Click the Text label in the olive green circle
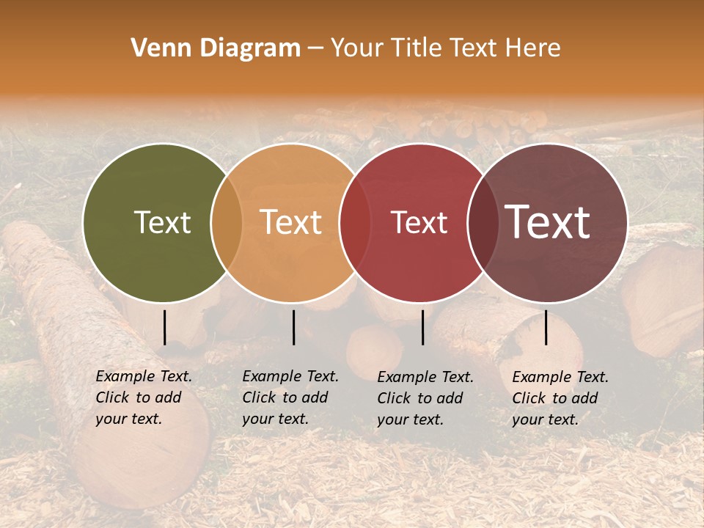point(162,222)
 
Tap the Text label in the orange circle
point(291,222)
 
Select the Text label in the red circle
point(419,222)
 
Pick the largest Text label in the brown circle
point(548,222)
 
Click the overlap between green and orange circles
point(227,222)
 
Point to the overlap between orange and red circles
point(355,222)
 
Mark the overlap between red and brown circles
point(483,222)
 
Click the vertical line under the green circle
point(164,327)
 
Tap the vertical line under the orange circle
point(293,327)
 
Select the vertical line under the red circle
point(422,327)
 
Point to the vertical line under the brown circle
point(546,327)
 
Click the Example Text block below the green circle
point(144,397)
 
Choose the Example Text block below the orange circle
point(290,397)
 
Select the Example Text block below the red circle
point(425,397)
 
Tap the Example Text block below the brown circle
point(560,397)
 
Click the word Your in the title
point(357,48)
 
